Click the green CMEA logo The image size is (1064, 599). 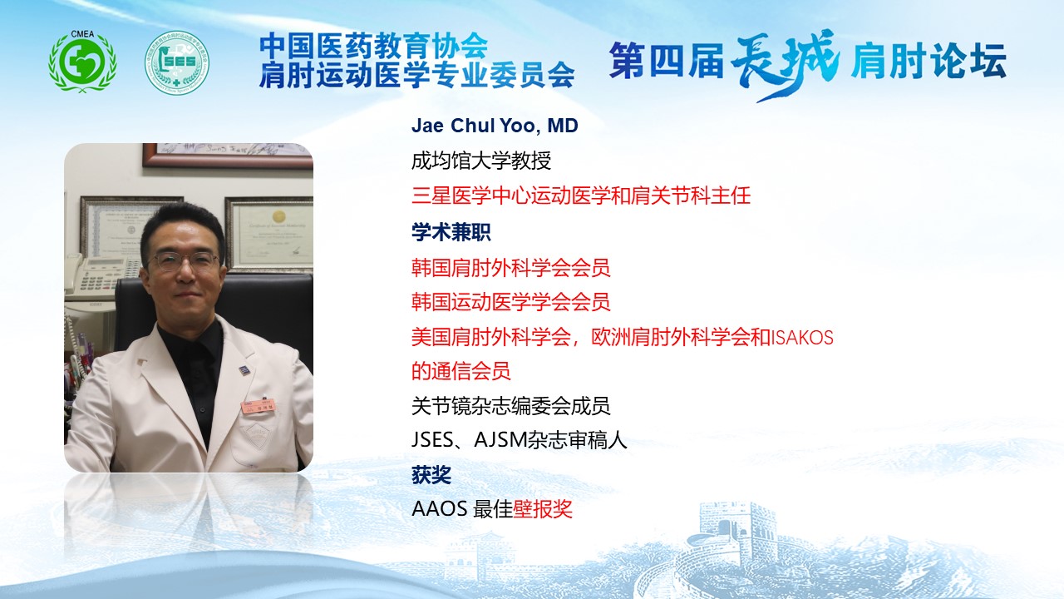click(x=82, y=62)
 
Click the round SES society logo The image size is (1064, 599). click(x=177, y=62)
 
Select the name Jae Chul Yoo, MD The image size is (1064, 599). click(x=495, y=126)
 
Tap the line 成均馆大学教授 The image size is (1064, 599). click(x=481, y=161)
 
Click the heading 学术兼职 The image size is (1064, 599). click(x=451, y=232)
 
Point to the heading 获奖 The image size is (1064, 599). click(x=431, y=474)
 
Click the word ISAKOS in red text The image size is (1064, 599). click(x=802, y=338)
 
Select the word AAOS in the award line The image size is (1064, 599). click(x=440, y=509)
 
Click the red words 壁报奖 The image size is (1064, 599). click(x=543, y=509)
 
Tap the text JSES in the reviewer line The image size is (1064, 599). click(x=432, y=440)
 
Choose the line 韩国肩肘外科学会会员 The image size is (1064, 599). click(x=510, y=268)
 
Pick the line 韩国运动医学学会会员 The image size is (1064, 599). click(x=510, y=302)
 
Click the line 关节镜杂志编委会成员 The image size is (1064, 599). click(x=510, y=407)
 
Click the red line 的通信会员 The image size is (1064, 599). click(x=461, y=371)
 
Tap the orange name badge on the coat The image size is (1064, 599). click(x=259, y=406)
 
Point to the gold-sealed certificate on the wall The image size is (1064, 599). click(x=269, y=233)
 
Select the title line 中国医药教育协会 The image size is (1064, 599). click(x=374, y=46)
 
